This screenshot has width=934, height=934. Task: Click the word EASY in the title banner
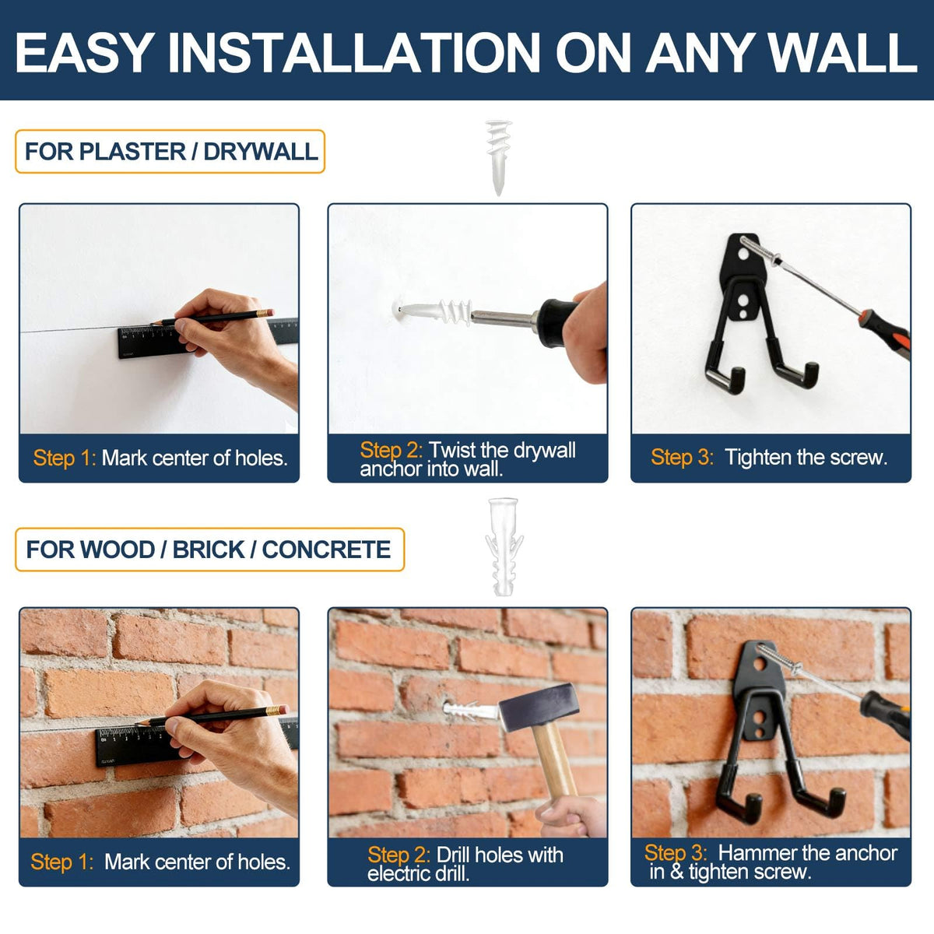click(x=84, y=52)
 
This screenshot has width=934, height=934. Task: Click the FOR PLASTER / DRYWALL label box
click(x=170, y=151)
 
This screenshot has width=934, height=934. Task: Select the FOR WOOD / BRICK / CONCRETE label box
click(x=210, y=550)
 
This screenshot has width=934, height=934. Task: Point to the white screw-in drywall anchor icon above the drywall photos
click(x=499, y=157)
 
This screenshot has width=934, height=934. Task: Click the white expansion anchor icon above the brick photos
click(x=504, y=546)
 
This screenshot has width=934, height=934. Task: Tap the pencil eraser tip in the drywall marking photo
click(x=266, y=313)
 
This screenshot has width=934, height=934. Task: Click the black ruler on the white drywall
click(x=208, y=338)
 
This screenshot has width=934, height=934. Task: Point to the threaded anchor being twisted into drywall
click(x=432, y=311)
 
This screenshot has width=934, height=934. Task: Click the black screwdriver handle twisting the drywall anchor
click(x=558, y=322)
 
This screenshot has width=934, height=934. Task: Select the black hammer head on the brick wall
click(x=538, y=708)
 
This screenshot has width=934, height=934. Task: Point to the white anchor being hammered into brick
click(x=471, y=711)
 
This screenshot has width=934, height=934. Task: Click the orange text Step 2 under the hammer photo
click(x=399, y=855)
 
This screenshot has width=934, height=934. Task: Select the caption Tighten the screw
click(x=806, y=458)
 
